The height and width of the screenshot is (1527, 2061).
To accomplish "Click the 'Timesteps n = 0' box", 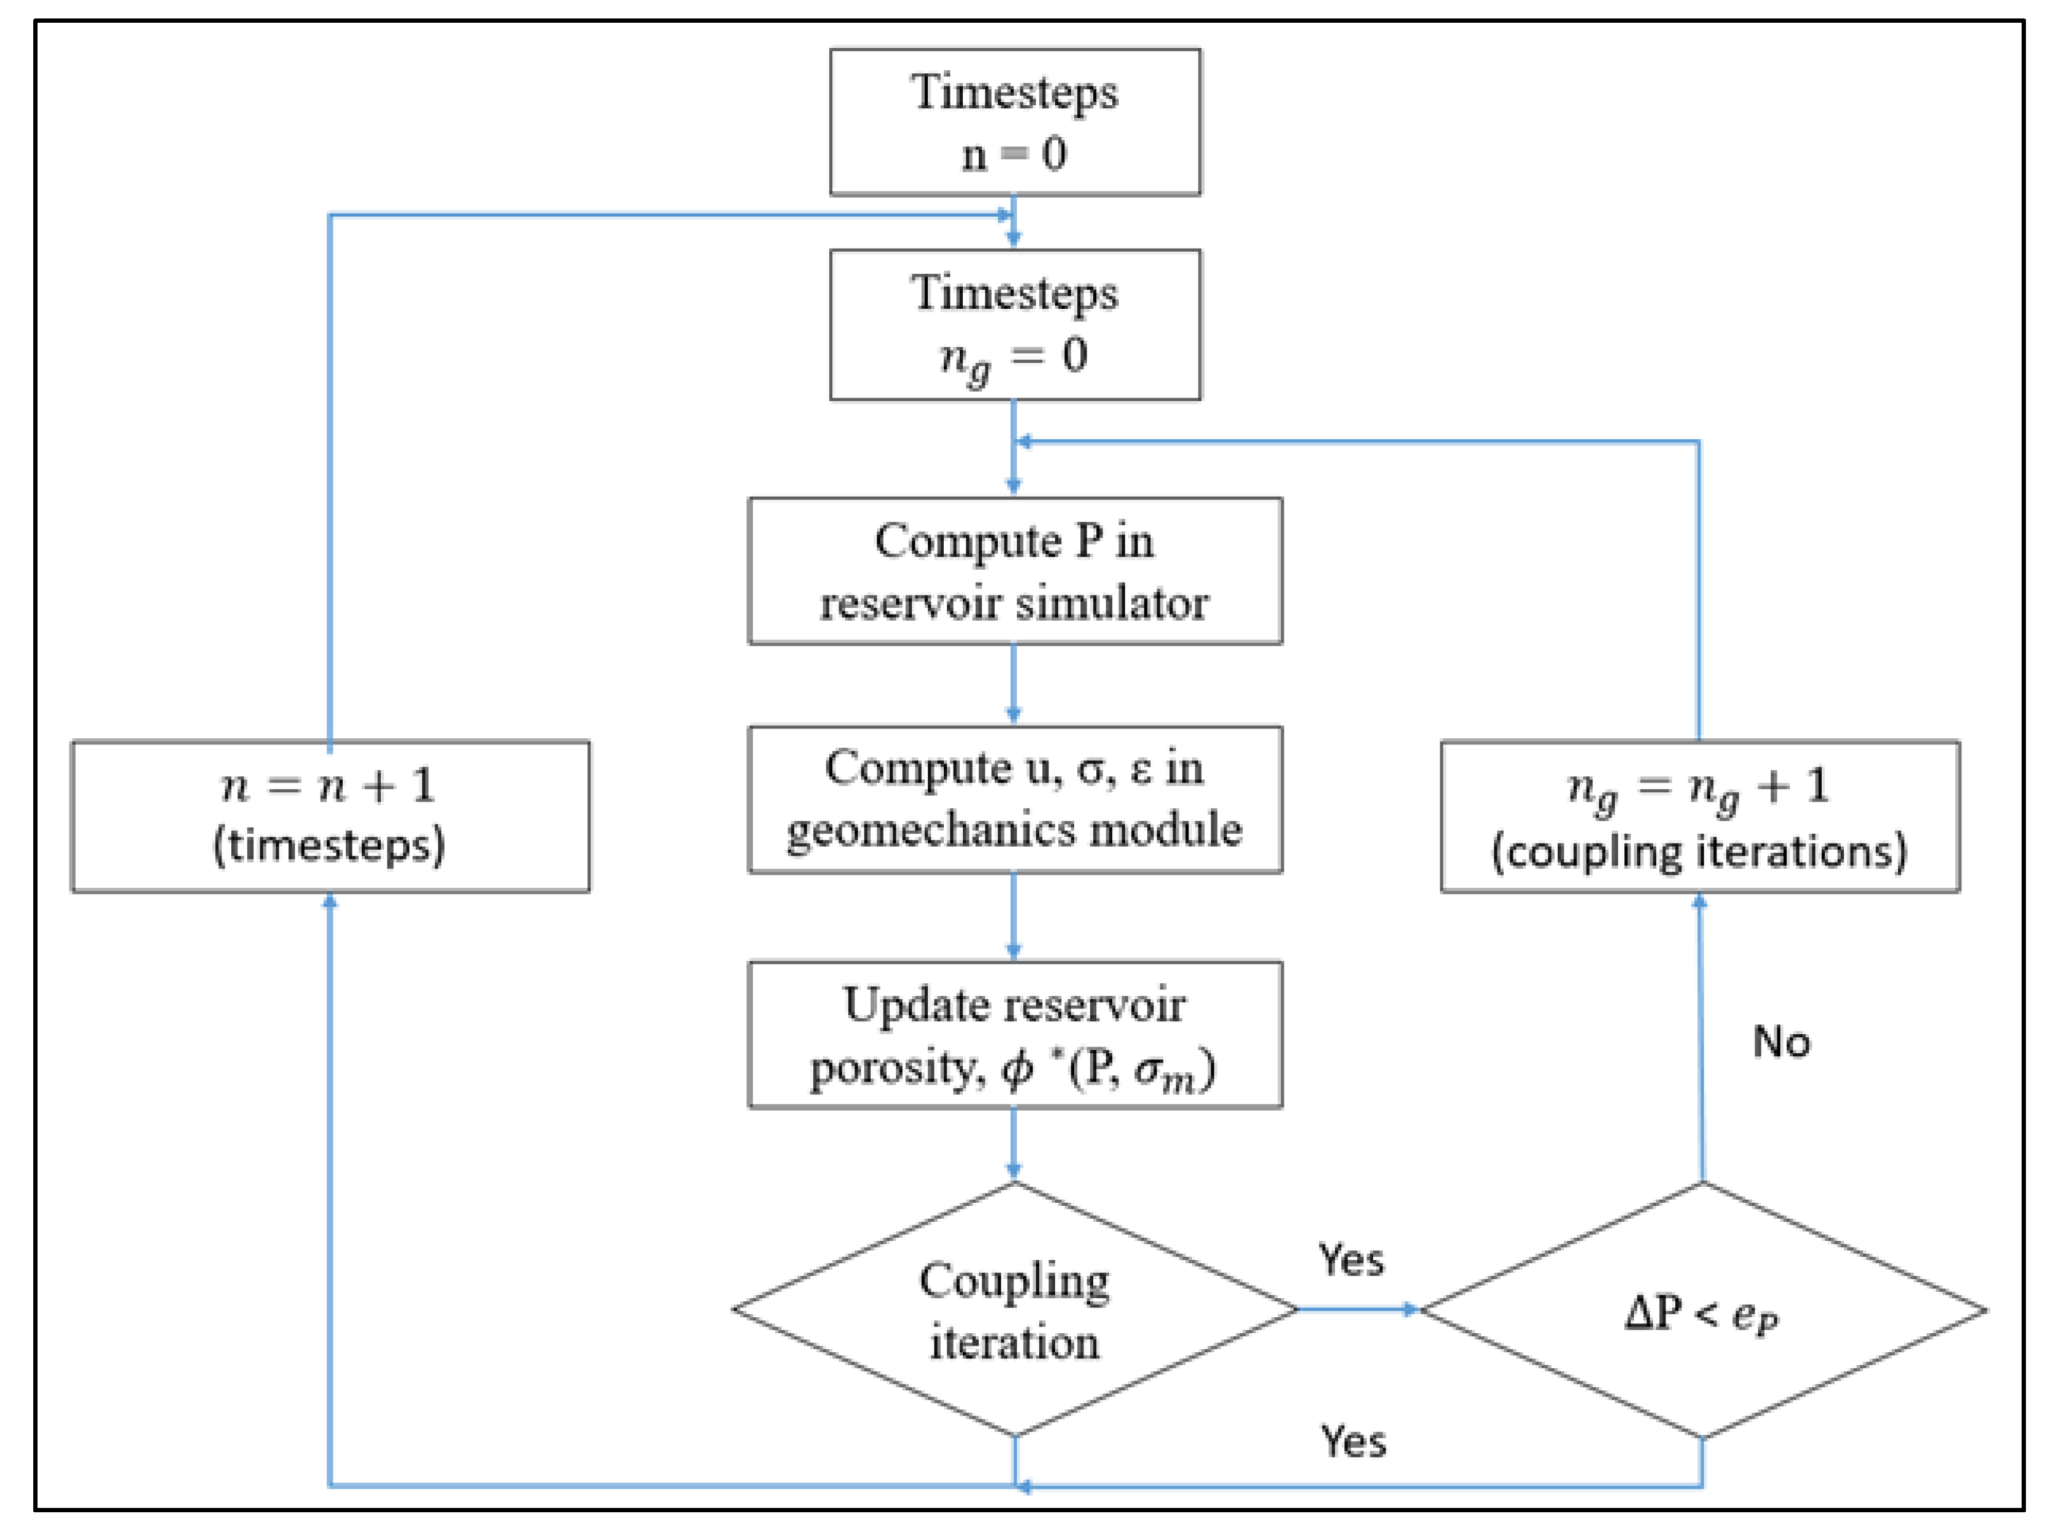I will [x=1014, y=122].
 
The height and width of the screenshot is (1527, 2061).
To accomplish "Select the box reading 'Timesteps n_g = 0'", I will [x=1014, y=324].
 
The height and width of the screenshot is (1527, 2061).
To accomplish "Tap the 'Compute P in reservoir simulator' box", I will [x=1014, y=570].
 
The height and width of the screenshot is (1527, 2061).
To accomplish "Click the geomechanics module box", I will [x=1014, y=799].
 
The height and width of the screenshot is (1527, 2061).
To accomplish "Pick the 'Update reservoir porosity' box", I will [x=1014, y=1034].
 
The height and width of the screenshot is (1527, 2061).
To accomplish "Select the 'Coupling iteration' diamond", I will [x=1014, y=1309].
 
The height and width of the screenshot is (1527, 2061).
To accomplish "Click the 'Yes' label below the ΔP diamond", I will [x=1352, y=1441].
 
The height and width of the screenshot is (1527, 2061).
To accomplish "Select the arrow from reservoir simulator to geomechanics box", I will [x=1014, y=684].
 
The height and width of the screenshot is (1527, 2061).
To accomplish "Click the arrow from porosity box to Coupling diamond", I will [x=1014, y=1144].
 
